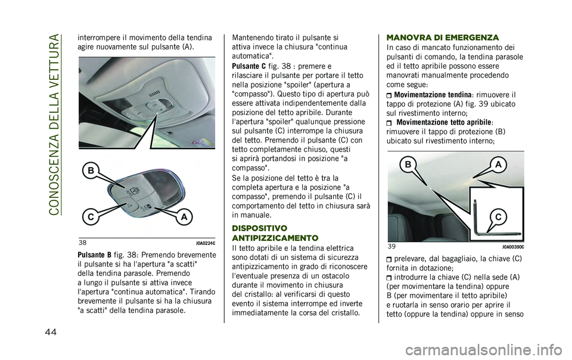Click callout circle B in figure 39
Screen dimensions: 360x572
click(x=409, y=163)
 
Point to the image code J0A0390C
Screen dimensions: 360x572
click(x=512, y=246)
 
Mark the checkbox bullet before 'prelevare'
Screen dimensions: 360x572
click(x=390, y=258)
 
